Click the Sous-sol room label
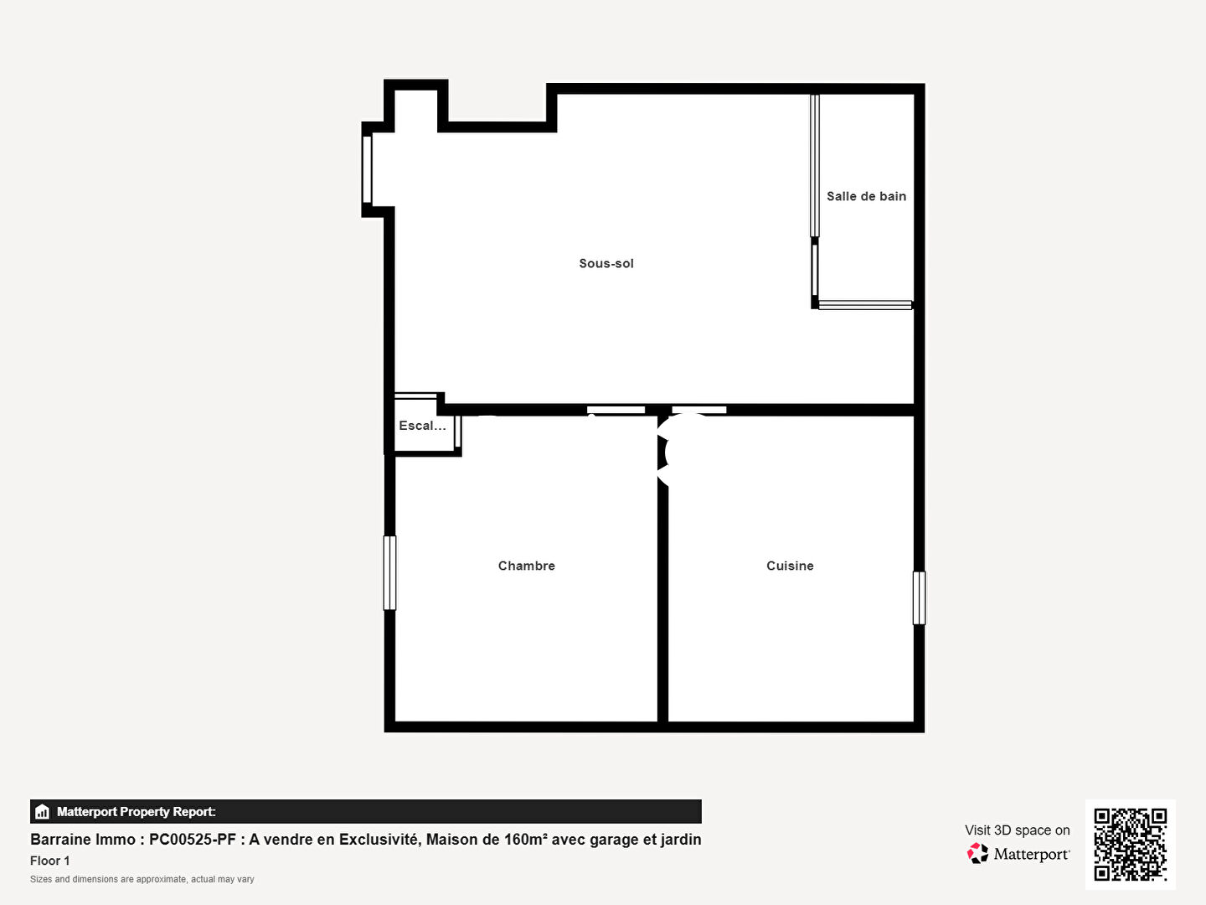point(606,263)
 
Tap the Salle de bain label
point(867,196)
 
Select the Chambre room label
point(526,566)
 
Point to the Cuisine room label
point(790,566)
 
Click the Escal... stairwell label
point(422,426)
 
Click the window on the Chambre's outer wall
point(389,572)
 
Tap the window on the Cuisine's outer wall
point(919,597)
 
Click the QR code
point(1130,845)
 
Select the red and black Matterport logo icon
point(977,853)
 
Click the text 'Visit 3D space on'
point(1017,830)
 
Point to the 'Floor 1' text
point(50,861)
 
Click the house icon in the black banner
point(42,812)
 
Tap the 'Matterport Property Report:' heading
point(137,812)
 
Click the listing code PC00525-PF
point(193,840)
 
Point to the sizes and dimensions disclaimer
point(142,879)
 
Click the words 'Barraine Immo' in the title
point(83,840)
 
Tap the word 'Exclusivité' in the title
point(379,840)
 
